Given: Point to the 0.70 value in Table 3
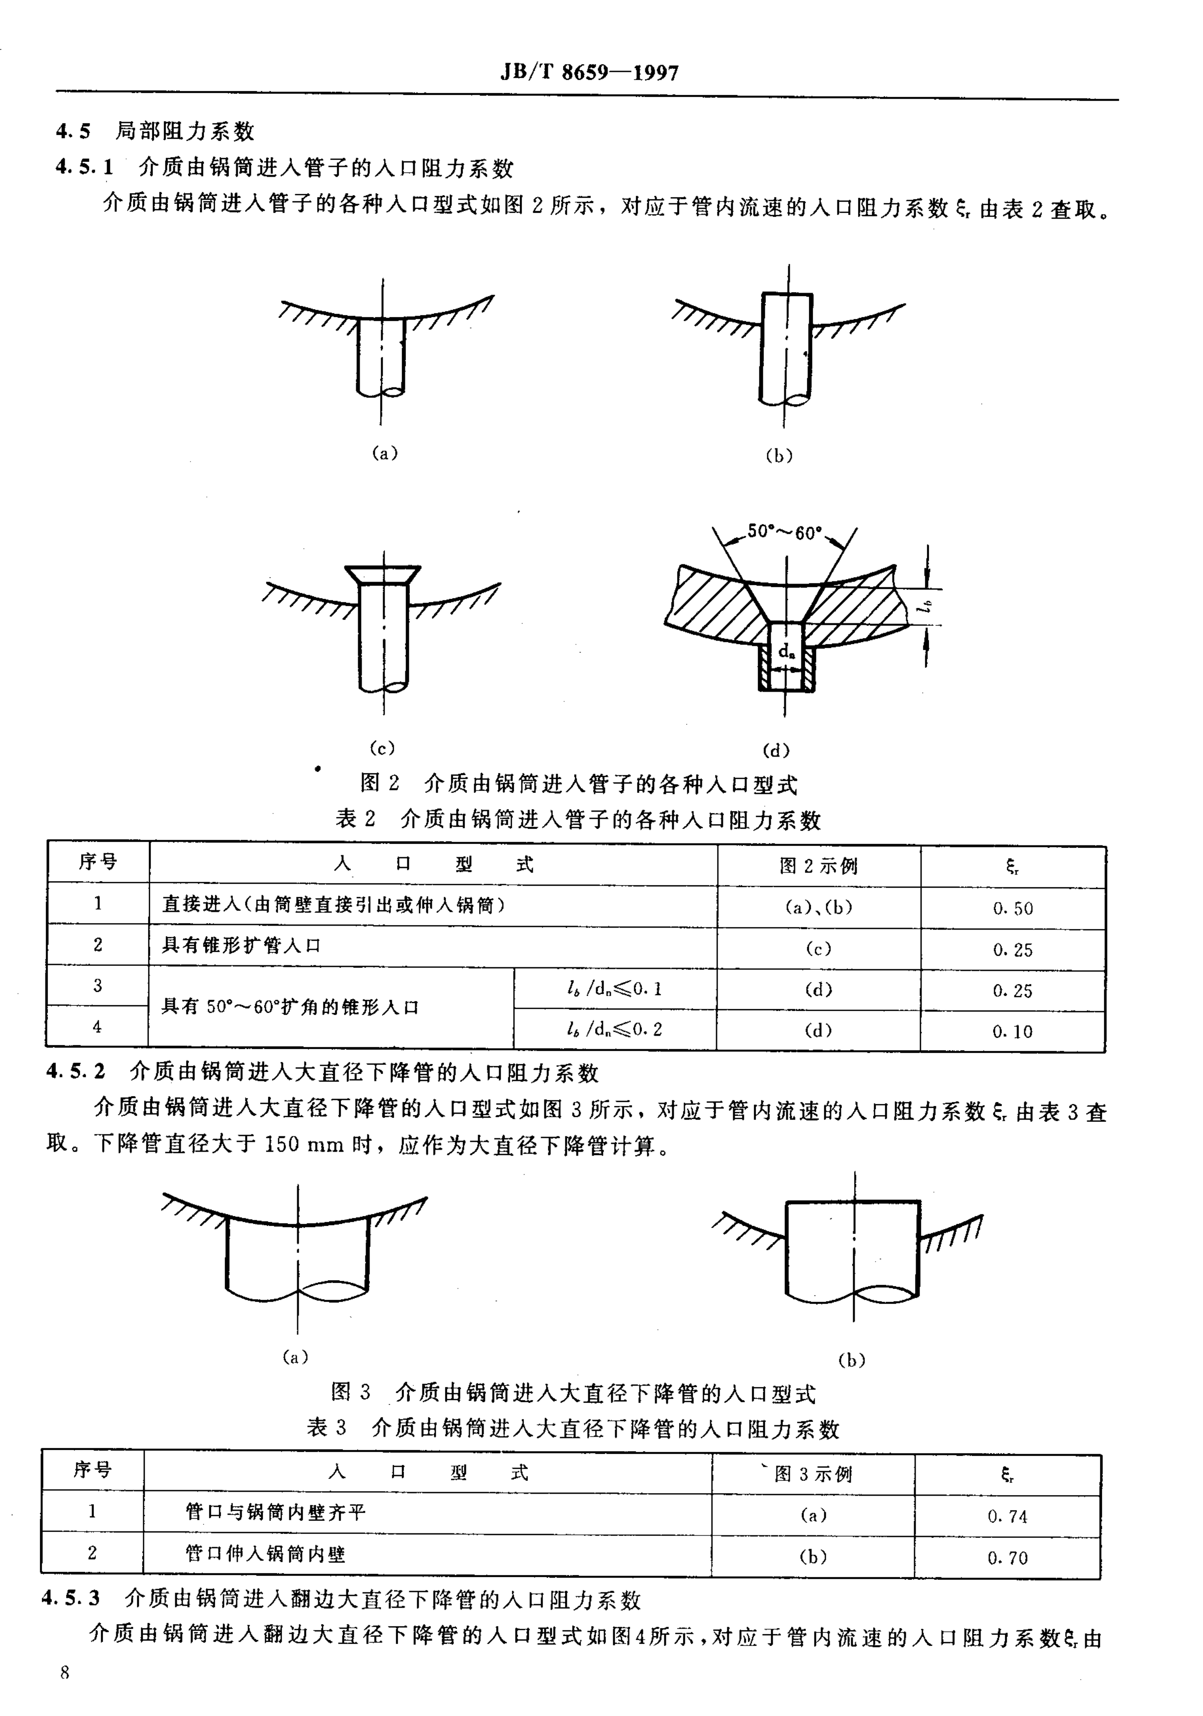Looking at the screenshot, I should tap(1007, 1558).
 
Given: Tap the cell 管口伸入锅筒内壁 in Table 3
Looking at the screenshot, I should tap(266, 1554).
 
